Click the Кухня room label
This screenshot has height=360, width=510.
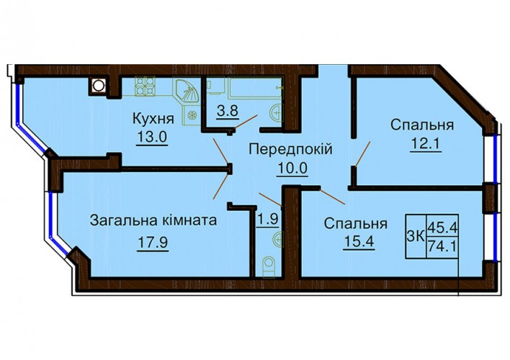pos(153,119)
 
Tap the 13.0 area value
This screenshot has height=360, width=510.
pos(152,137)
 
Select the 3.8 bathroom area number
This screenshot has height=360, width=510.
pos(228,111)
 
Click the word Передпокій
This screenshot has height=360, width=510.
pos(291,149)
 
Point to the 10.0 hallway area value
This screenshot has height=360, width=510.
pos(292,168)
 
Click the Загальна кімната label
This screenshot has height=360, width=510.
pos(153,220)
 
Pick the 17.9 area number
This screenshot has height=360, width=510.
pos(153,242)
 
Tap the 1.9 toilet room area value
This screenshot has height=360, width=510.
pos(268,219)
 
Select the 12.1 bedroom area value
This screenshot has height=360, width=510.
pos(426,144)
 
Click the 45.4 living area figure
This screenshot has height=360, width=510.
pos(442,225)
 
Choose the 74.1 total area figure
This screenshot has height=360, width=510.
pos(442,246)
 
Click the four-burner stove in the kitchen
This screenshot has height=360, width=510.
pos(145,86)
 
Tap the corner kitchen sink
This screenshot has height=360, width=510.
pos(187,91)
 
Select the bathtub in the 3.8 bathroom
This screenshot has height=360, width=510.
pos(255,87)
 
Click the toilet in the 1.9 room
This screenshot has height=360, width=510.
pos(269,266)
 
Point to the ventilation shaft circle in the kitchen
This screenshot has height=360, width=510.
pos(97,86)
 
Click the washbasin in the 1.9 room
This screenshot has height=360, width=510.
pos(277,240)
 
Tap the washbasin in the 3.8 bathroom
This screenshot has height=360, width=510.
pos(276,113)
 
